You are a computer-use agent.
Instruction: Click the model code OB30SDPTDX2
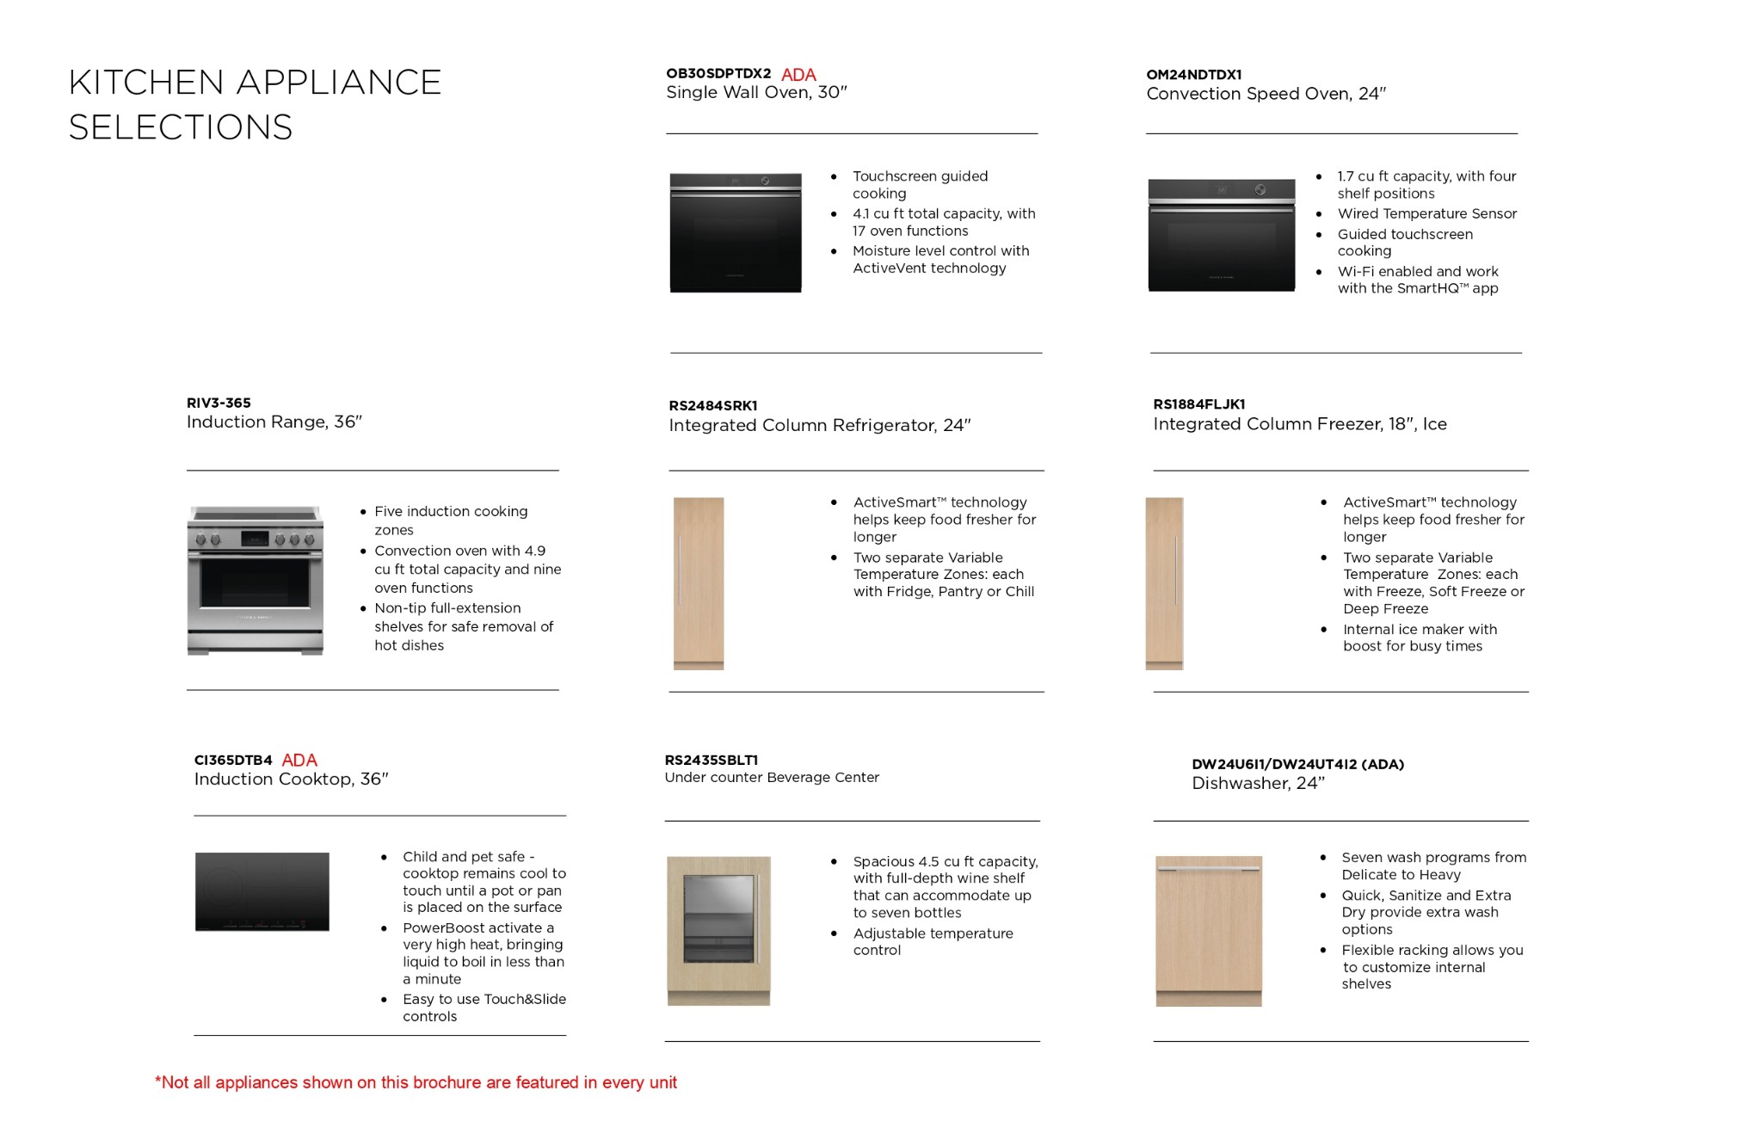tap(718, 74)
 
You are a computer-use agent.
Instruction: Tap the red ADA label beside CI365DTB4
tap(299, 761)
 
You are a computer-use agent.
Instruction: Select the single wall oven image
tap(736, 233)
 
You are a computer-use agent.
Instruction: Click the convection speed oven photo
tap(1221, 235)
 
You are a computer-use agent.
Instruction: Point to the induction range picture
tap(256, 581)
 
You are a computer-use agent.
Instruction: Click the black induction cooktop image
tap(262, 891)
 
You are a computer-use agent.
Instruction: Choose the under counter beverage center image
tap(718, 931)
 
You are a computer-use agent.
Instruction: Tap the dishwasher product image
tap(1209, 931)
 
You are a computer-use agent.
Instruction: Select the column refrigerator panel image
tap(699, 583)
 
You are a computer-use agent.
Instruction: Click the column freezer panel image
tap(1164, 583)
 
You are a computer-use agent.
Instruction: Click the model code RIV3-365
tap(219, 403)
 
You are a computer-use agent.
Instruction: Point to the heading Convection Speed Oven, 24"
tap(1266, 94)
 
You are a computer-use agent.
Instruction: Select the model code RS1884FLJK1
tap(1198, 404)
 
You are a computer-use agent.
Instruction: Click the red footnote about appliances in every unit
tap(416, 1082)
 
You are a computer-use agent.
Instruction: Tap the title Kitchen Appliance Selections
tap(255, 105)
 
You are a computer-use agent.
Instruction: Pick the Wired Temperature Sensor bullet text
tap(1426, 213)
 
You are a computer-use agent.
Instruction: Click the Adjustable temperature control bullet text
tap(933, 942)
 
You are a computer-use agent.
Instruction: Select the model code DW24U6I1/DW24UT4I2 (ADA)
tap(1297, 764)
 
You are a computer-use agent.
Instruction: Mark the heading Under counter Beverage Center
tap(772, 778)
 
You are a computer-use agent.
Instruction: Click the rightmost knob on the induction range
tap(308, 539)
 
